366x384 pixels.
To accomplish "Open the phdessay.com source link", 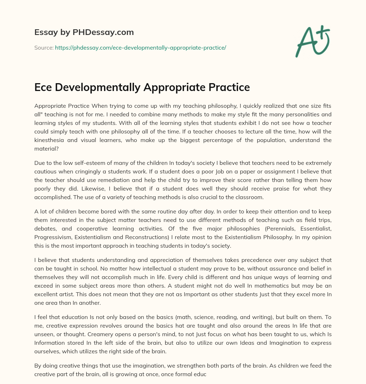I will pos(140,47).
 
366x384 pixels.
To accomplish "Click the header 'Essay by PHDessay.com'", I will pos(84,32).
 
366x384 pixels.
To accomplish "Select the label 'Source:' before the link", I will pos(44,47).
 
